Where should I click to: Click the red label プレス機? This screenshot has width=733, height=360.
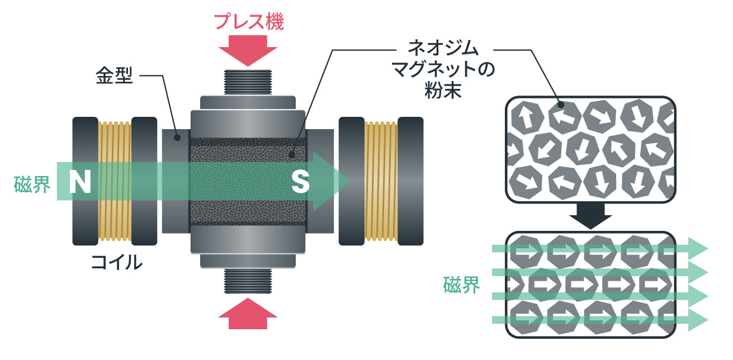click(249, 22)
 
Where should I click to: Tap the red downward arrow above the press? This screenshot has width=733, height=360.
click(248, 53)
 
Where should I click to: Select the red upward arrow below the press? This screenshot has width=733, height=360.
click(248, 315)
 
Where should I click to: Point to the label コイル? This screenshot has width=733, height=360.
click(116, 262)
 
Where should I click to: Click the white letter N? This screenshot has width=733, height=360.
click(80, 182)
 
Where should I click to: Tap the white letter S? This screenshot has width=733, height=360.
click(301, 182)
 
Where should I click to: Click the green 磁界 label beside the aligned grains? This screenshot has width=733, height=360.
click(461, 285)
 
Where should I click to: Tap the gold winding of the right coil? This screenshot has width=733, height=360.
click(381, 181)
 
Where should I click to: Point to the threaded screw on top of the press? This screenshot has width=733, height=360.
click(248, 82)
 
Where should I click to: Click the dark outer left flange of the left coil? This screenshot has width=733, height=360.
click(86, 181)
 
